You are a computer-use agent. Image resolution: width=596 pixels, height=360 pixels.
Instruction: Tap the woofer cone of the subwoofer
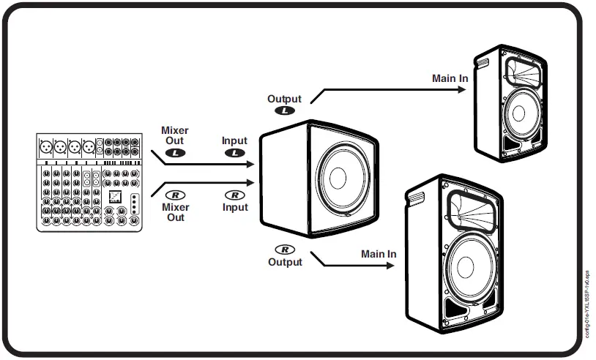coord(338,179)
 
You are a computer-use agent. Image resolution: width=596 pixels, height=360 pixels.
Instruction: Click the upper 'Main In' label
coord(450,78)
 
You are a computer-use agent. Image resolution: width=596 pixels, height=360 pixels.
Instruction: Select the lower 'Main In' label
coord(379,254)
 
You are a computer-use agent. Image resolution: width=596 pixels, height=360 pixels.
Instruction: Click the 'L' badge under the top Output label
coord(285,110)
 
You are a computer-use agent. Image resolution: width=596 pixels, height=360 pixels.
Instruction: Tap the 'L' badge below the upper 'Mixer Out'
coord(176,153)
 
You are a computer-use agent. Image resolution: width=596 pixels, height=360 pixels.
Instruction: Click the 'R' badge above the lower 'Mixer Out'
coord(176,195)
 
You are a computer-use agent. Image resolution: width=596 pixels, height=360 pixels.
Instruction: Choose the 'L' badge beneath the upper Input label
coord(234,153)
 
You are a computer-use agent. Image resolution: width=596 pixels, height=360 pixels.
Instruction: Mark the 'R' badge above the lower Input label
coord(234,195)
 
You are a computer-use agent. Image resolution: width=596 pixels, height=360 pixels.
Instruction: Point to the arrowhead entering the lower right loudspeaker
coord(390,266)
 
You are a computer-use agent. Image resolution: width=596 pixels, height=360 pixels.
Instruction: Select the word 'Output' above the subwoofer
coord(285,99)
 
